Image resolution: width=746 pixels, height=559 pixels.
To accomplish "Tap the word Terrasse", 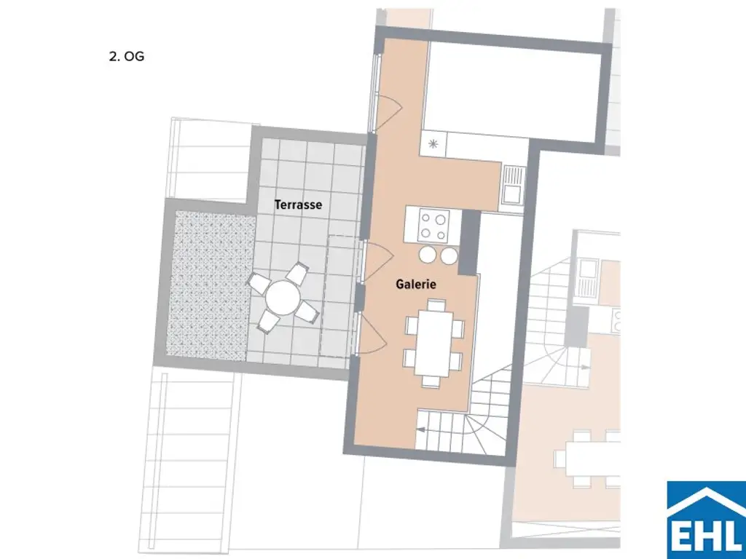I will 298,205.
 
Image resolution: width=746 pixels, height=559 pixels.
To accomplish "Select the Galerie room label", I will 416,285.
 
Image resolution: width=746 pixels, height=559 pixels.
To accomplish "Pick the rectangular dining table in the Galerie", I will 433,341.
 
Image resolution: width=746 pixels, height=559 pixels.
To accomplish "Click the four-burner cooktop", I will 433,224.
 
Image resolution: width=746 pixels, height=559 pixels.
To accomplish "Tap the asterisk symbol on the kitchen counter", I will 433,144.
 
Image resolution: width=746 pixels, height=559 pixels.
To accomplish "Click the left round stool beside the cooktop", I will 427,255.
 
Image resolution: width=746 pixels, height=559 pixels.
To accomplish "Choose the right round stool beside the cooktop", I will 449,255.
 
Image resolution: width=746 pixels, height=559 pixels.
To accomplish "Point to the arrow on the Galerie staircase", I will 423,431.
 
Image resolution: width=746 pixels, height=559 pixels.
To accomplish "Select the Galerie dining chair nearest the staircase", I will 431,381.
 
